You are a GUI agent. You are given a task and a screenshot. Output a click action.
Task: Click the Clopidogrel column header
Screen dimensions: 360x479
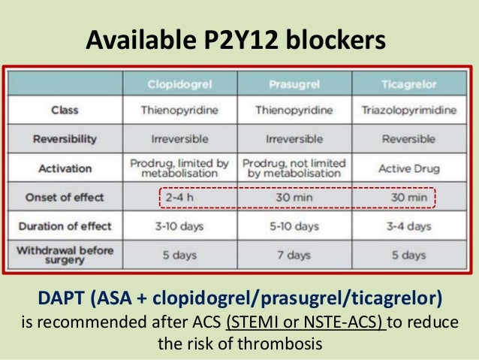[x=179, y=83]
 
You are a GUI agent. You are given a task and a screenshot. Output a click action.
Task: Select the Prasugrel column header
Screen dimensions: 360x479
[x=294, y=83]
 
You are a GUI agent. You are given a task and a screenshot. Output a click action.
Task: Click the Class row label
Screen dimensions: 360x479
[x=65, y=110]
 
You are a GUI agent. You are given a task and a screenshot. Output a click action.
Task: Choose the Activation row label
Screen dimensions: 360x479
[x=65, y=168]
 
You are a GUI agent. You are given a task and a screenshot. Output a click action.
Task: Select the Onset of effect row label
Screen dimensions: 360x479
[x=65, y=198]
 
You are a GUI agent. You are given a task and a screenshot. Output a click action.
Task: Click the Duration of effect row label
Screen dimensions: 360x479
[x=65, y=226]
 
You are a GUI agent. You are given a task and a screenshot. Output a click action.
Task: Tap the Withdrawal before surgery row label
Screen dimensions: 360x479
[x=65, y=255]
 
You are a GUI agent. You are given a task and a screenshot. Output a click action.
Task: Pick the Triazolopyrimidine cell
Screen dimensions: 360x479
[x=408, y=110]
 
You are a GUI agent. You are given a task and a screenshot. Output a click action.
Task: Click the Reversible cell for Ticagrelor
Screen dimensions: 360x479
[x=408, y=139]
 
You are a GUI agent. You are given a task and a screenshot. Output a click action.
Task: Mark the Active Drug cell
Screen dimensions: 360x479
[x=408, y=168]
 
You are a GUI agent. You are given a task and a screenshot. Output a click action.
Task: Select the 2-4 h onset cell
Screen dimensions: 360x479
[x=179, y=198]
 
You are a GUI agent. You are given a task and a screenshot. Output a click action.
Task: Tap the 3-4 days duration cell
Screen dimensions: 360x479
[x=408, y=226]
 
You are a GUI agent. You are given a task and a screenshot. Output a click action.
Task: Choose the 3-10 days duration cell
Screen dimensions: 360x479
[x=179, y=226]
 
